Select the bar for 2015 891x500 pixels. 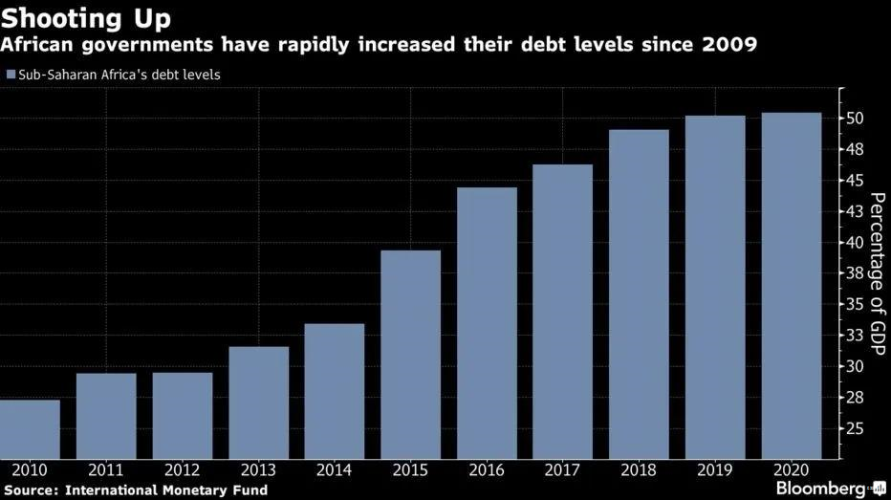coord(411,354)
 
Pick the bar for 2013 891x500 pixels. coord(258,402)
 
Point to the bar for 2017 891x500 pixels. coord(563,311)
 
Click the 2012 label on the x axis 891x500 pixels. coord(182,469)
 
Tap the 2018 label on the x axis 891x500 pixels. coord(639,469)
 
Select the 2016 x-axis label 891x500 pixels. coord(487,469)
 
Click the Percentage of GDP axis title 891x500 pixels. coord(875,273)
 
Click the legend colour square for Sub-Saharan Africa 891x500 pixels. coord(11,74)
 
